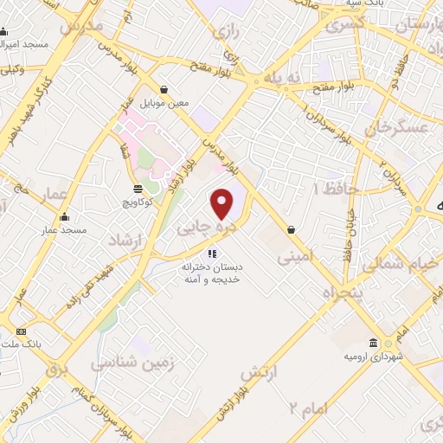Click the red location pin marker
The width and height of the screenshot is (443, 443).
pyautogui.click(x=222, y=203)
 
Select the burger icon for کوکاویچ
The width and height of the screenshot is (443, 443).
pyautogui.click(x=138, y=189)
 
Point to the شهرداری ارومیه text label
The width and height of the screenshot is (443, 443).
pyautogui.click(x=372, y=356)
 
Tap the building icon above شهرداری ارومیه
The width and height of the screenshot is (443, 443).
pyautogui.click(x=373, y=343)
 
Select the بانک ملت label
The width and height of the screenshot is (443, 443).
pyautogui.click(x=22, y=344)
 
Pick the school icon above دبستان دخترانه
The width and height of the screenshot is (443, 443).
pyautogui.click(x=210, y=254)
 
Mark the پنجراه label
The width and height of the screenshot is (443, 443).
pyautogui.click(x=338, y=290)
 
